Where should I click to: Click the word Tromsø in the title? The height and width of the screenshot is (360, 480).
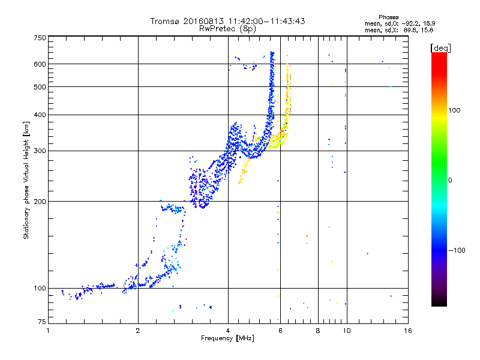[164, 21]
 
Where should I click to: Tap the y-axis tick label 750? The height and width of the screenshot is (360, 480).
[40, 38]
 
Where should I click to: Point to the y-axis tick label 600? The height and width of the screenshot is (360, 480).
[40, 64]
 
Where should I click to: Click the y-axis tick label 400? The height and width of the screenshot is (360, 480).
[40, 115]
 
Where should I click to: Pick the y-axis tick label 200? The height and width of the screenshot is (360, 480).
[40, 202]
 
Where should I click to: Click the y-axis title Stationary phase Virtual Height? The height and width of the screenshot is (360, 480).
[26, 180]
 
